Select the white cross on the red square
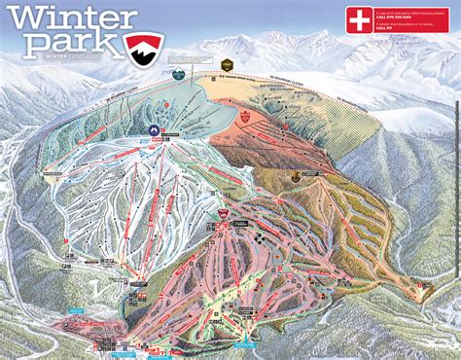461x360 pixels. pyautogui.click(x=360, y=19)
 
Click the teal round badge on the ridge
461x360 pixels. pyautogui.click(x=178, y=73)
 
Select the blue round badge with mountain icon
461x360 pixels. pyautogui.click(x=152, y=129)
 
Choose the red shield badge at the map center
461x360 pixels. pyautogui.click(x=222, y=213)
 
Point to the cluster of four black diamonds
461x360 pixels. pyautogui.click(x=261, y=236)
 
